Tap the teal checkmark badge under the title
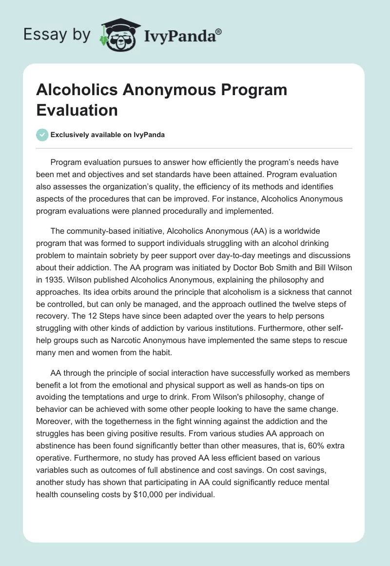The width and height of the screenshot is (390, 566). (43, 135)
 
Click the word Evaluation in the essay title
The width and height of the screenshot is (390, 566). (77, 110)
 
